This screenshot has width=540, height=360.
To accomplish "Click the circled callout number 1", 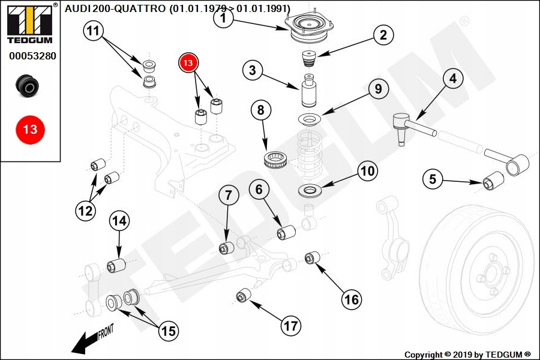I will (x=223, y=19).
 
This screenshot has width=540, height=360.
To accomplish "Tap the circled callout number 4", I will (x=452, y=78).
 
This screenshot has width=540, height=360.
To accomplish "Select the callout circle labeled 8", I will (x=260, y=110).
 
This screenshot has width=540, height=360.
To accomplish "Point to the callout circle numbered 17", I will (x=290, y=326).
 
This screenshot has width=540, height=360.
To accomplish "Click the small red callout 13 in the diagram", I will (x=188, y=62).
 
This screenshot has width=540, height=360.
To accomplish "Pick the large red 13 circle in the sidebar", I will (x=30, y=129).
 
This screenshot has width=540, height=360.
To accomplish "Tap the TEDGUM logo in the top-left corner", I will (x=29, y=22).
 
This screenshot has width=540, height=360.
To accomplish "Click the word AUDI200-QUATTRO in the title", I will (x=115, y=8).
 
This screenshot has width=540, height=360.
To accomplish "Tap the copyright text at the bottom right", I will (x=467, y=355).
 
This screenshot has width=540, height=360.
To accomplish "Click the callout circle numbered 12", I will (x=85, y=211).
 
